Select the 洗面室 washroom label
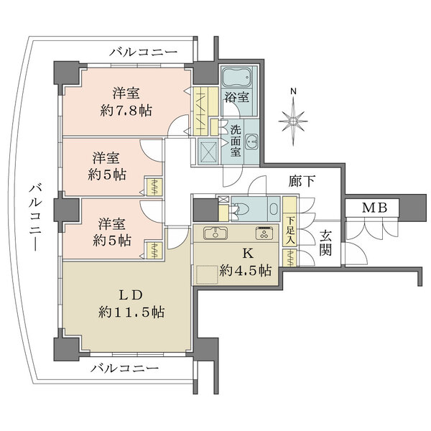coord(236,142)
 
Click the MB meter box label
coord(374,208)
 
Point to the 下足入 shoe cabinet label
coord(290,231)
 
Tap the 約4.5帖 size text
coord(246,271)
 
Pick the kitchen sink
coord(215,233)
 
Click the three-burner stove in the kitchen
coord(264,233)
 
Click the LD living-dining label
coord(129,295)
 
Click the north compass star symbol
coord(292,120)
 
